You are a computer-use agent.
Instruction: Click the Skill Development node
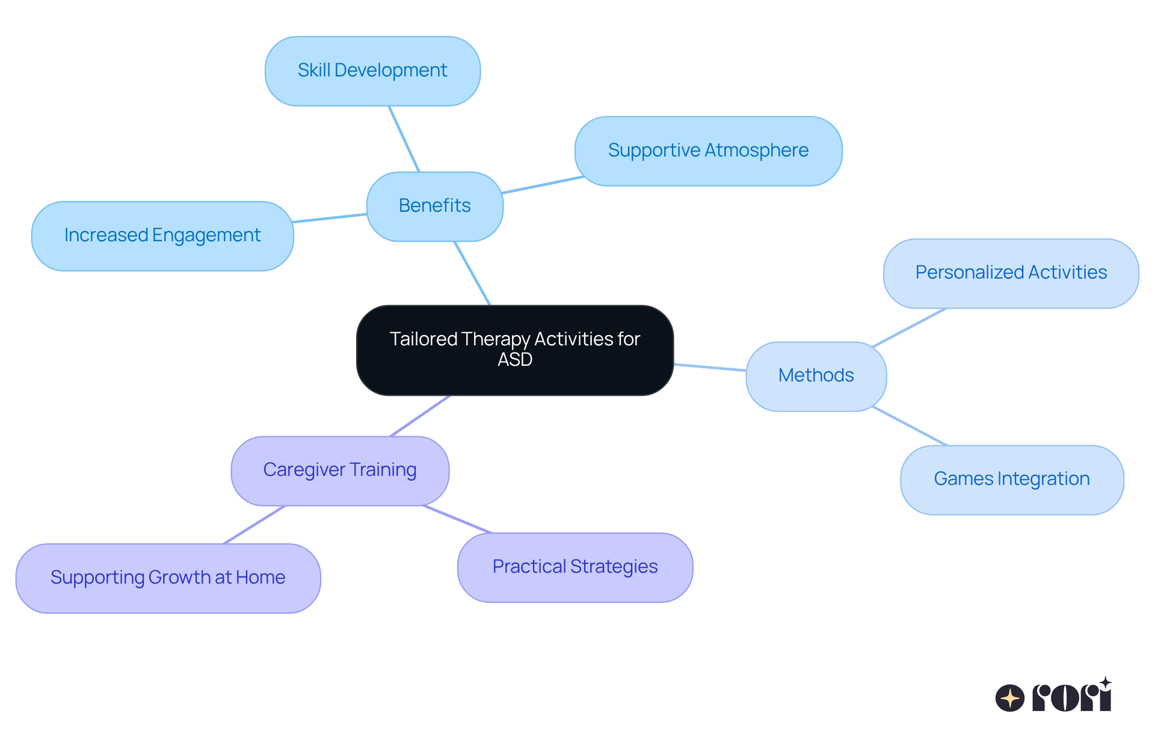[372, 71]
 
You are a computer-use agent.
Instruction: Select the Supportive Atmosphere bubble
[708, 151]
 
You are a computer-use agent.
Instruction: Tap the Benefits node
[434, 206]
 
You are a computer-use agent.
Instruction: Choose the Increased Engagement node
[162, 236]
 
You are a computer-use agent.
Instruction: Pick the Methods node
[816, 376]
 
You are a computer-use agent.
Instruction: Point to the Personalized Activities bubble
[1011, 273]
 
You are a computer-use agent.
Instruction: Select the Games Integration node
[1011, 480]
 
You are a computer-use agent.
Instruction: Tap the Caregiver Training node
[340, 470]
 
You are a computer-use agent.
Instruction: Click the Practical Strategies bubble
[574, 567]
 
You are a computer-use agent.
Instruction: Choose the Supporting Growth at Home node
[168, 578]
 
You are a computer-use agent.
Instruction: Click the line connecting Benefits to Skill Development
[404, 139]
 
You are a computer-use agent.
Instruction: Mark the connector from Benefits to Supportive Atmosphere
[543, 185]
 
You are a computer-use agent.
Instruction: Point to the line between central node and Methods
[710, 367]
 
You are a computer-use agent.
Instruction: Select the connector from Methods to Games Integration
[910, 426]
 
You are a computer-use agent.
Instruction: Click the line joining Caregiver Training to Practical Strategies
[457, 519]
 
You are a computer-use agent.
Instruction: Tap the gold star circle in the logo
[1010, 698]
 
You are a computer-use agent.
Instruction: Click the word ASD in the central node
[515, 360]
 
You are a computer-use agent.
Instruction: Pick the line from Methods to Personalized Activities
[909, 328]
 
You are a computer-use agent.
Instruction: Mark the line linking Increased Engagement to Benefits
[330, 218]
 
